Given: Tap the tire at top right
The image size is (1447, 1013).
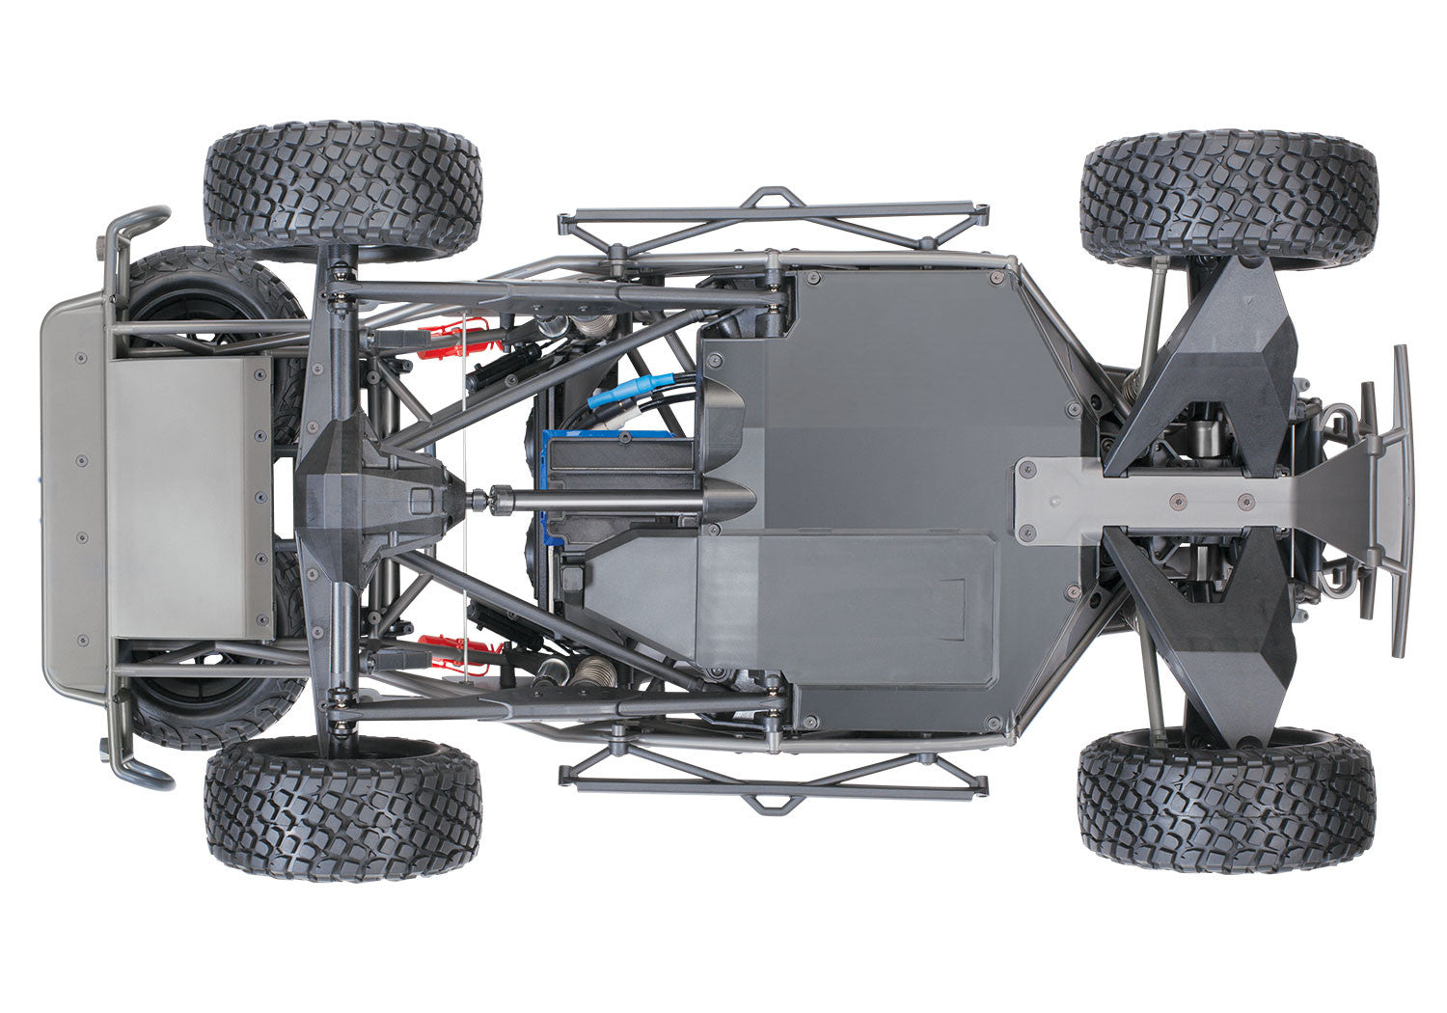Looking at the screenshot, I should click(x=1229, y=199).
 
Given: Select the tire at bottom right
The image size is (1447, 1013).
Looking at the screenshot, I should click(x=1226, y=801).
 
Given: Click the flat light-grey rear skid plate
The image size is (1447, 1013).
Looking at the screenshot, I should click(x=188, y=497).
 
